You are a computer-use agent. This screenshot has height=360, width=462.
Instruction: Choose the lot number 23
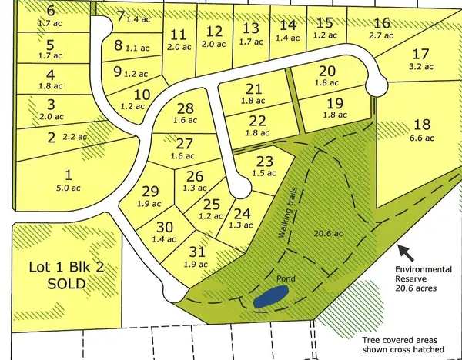coord(264,161)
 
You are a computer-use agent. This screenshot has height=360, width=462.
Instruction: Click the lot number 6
coord(51,11)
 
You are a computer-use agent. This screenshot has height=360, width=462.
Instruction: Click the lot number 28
coord(185,109)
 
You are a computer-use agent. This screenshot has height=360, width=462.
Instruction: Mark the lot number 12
coord(215,32)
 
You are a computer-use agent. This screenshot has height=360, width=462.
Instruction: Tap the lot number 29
coord(150,192)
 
